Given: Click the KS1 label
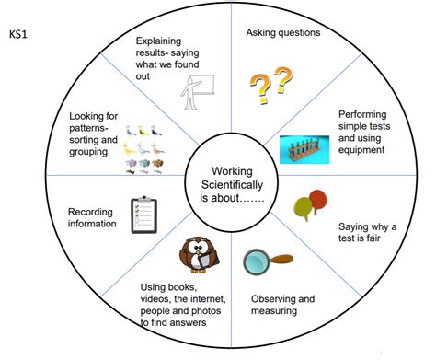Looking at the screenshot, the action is (x=18, y=34).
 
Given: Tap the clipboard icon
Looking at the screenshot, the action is (x=143, y=215).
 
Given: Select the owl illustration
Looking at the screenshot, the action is (x=199, y=255).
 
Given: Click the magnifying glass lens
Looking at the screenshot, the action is (x=257, y=262).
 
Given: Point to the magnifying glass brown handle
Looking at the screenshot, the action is (x=281, y=260).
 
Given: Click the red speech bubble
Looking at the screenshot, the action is (x=317, y=201).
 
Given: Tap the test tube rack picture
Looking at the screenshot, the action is (x=304, y=149).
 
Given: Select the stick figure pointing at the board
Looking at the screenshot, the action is (x=190, y=93).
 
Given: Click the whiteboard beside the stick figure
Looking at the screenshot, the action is (x=203, y=85).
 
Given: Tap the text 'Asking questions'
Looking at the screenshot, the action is (x=283, y=32).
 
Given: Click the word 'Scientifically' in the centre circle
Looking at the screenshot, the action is (x=232, y=185).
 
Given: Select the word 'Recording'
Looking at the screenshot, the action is (x=90, y=212).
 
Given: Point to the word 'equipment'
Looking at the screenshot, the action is (x=361, y=150).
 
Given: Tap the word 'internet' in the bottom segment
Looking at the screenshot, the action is (x=208, y=298).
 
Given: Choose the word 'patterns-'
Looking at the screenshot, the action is (x=89, y=128).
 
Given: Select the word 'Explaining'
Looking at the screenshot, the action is (x=158, y=41).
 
